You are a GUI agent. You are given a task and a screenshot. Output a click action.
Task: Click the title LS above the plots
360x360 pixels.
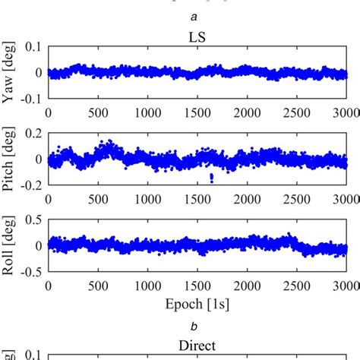[197, 36]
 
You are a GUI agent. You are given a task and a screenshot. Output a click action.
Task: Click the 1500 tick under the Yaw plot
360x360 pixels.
[197, 111]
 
